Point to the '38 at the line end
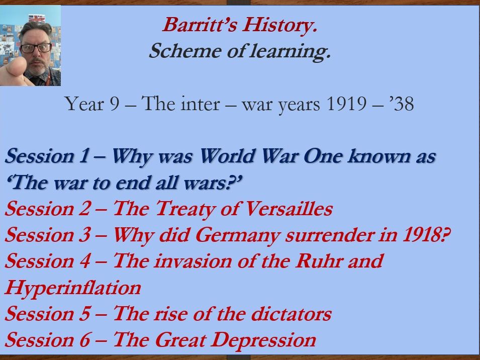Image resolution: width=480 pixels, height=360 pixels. (401, 105)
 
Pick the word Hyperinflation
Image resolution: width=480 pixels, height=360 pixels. (73, 288)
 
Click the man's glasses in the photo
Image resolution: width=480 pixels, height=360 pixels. (36, 48)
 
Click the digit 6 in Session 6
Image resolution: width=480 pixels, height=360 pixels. (83, 340)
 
